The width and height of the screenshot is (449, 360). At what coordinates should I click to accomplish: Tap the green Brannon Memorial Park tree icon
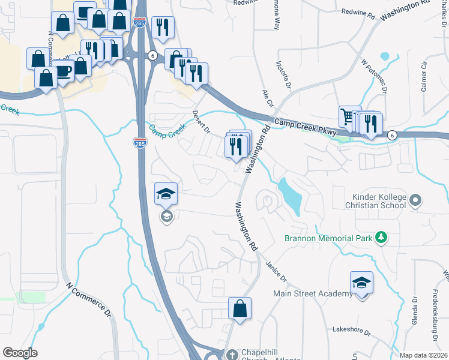pyautogui.click(x=380, y=238)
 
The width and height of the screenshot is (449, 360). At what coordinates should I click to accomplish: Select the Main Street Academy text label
pyautogui.click(x=313, y=293)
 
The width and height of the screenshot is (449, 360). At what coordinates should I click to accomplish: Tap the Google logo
pyautogui.click(x=20, y=353)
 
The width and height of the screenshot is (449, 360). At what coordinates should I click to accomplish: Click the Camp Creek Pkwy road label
pyautogui.click(x=306, y=125)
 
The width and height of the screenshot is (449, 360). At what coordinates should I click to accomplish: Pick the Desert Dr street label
pyautogui.click(x=200, y=121)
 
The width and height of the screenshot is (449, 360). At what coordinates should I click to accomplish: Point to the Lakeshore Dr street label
pyautogui.click(x=353, y=330)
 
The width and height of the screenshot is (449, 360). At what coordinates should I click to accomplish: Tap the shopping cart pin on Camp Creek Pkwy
pyautogui.click(x=348, y=117)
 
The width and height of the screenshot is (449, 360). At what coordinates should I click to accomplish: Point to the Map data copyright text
pyautogui.click(x=423, y=355)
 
